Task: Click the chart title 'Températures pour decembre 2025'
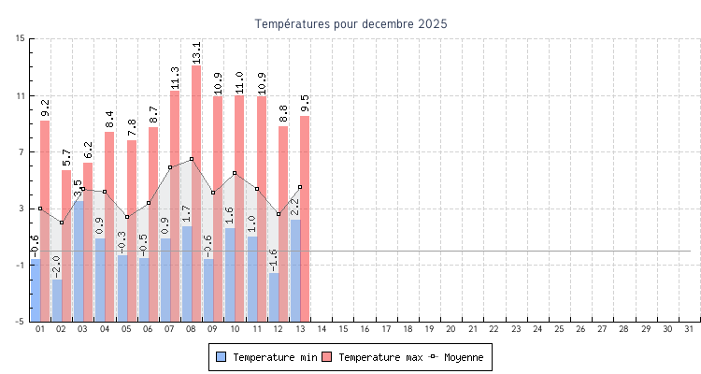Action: tap(350, 23)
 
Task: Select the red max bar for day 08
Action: tap(196, 187)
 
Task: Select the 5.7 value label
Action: tap(66, 157)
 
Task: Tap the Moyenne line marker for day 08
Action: tap(192, 159)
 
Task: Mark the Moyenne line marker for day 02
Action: tap(62, 223)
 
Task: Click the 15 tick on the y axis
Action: tap(21, 39)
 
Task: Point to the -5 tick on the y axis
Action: tap(21, 322)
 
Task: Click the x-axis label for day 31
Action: tap(690, 329)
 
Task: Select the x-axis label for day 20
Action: tap(451, 329)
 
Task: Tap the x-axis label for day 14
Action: tap(322, 329)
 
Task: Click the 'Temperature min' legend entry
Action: tap(266, 357)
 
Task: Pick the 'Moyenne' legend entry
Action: tap(457, 357)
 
